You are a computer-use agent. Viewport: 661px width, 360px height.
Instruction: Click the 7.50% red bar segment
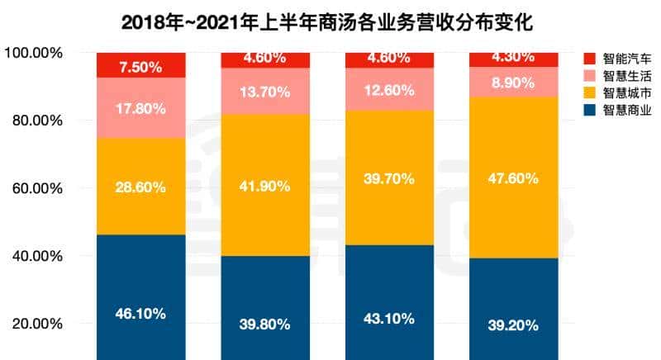pos(141,65)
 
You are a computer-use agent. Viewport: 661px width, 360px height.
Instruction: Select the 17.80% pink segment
pos(141,107)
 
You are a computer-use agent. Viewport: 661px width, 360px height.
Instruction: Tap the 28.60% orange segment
pos(141,187)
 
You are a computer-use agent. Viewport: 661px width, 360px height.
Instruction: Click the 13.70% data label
pos(265,91)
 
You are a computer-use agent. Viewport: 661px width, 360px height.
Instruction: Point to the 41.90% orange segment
pos(265,186)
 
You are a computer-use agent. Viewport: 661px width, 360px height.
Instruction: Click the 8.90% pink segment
pos(514,82)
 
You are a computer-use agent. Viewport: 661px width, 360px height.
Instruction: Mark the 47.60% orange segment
pos(514,178)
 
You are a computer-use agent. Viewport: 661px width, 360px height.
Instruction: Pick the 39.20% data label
pos(514,324)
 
